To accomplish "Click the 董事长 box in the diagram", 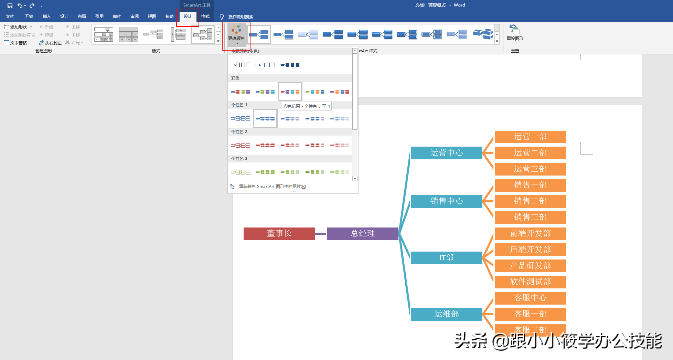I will pos(279,233).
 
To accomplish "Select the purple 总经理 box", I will pos(363,233).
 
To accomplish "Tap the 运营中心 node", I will pos(446,153).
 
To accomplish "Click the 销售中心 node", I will pos(446,201).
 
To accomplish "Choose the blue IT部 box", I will pos(446,257).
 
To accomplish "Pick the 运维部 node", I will pos(446,314).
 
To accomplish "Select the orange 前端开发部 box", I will pos(530,233).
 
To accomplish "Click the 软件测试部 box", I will pos(530,282).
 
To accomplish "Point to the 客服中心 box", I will pos(530,298).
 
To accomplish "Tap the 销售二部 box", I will pos(530,201).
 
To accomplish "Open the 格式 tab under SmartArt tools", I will pos(205,17).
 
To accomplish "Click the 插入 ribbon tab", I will pos(46,17).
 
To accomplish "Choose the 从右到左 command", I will pos(50,43).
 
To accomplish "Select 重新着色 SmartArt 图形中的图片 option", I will pos(272,187).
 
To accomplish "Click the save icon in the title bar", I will pos(10,6).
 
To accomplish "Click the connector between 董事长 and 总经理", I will pos(321,234).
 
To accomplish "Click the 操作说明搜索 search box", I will pos(241,17).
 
